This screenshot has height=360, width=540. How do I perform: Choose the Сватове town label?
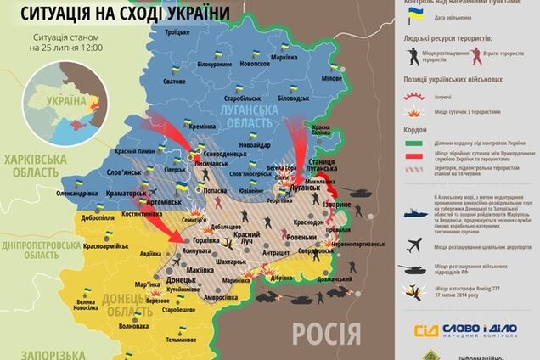coord(174,82)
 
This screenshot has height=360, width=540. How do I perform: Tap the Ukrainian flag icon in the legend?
coord(415,18)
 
